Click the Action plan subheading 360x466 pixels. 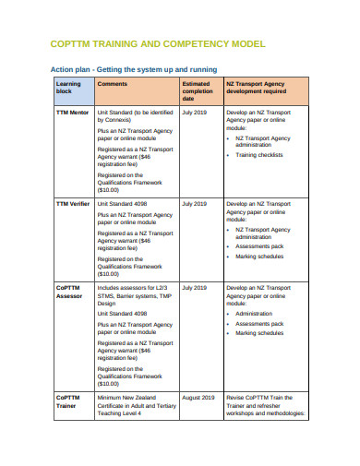click(145, 69)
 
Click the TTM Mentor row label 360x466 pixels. click(73, 112)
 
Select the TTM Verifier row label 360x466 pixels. click(73, 203)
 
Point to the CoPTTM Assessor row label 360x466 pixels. click(70, 292)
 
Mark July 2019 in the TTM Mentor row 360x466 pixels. click(195, 112)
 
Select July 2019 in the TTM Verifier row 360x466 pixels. click(195, 203)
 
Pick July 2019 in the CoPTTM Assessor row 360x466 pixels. click(195, 288)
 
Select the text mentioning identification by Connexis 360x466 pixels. click(134, 115)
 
